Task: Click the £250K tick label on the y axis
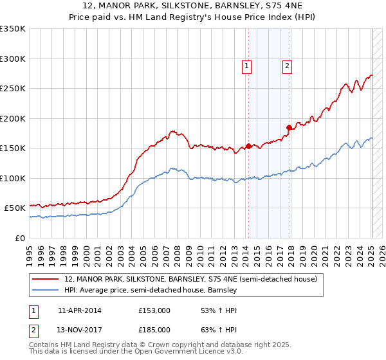click(x=13, y=89)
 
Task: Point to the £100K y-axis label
click(x=13, y=178)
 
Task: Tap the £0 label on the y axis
click(x=19, y=238)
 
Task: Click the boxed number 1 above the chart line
click(x=247, y=65)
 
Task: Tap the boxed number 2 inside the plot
click(x=287, y=65)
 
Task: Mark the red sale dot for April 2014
click(x=248, y=147)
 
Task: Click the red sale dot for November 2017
click(x=289, y=127)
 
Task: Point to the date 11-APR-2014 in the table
click(x=79, y=310)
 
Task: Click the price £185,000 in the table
click(x=154, y=330)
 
